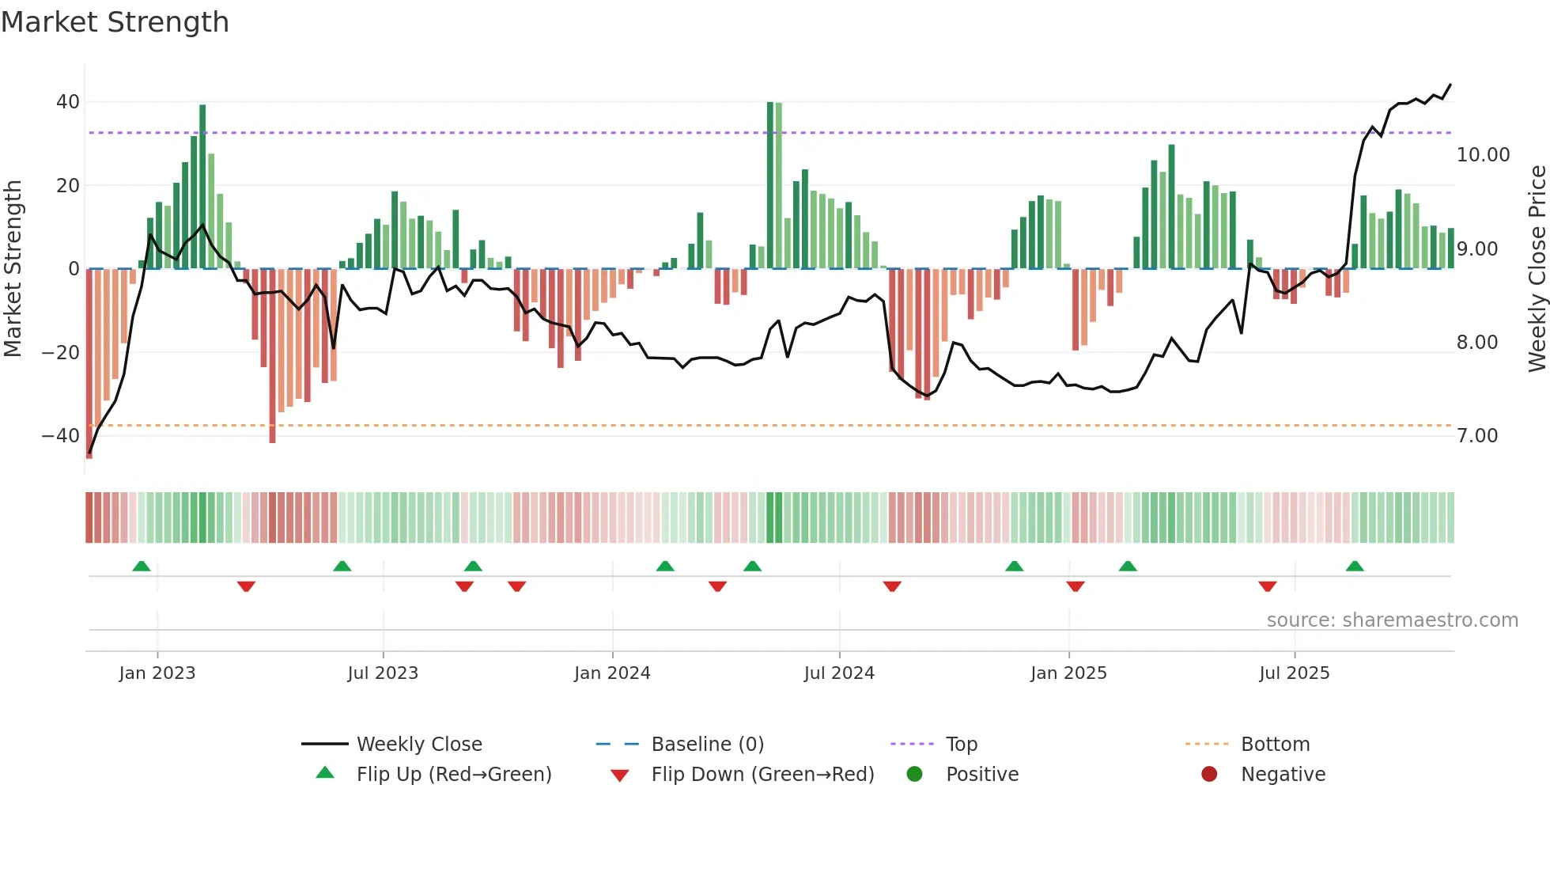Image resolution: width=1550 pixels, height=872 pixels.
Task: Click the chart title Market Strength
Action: click(x=115, y=22)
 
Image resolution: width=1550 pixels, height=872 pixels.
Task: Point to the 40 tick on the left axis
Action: click(x=68, y=102)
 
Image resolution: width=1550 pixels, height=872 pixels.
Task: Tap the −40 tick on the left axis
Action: click(x=61, y=436)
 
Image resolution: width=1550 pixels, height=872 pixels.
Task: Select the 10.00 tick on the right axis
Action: click(x=1483, y=155)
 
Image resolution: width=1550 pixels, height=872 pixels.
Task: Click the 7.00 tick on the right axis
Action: click(x=1477, y=436)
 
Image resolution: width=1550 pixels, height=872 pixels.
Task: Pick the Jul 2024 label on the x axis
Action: click(x=839, y=673)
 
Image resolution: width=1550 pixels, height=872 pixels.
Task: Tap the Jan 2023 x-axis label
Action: click(x=157, y=673)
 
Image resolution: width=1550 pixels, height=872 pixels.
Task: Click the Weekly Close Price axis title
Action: click(x=1537, y=268)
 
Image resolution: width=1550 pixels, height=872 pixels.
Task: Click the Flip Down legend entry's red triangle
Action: click(x=620, y=775)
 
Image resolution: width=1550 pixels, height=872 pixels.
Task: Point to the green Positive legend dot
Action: click(x=915, y=775)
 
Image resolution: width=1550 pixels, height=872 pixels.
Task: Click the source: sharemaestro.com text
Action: click(x=1392, y=620)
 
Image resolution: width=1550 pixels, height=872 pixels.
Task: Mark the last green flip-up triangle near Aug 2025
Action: click(x=1355, y=567)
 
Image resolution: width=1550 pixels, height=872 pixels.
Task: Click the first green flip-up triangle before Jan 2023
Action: click(x=142, y=567)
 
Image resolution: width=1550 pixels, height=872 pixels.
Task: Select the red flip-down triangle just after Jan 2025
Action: click(x=1076, y=586)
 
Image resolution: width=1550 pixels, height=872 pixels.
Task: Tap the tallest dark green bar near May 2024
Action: click(x=770, y=185)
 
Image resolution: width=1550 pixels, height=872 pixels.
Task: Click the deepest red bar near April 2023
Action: click(x=272, y=356)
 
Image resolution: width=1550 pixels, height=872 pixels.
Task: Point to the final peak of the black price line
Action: click(x=1450, y=85)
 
